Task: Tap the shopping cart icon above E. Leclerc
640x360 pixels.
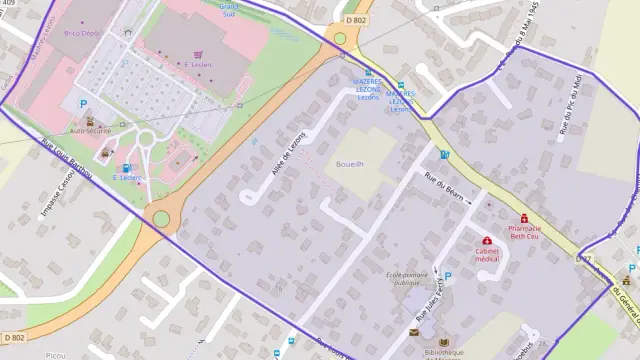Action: [198, 55]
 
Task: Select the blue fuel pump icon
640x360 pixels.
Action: [126, 167]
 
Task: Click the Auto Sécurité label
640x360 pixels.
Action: [92, 131]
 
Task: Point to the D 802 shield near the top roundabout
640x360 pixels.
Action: [356, 20]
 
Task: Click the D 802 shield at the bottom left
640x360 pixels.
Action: [13, 338]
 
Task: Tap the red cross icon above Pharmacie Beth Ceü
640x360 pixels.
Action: [524, 218]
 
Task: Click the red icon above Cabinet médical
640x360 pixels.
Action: [487, 240]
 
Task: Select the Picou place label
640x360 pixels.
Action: [55, 354]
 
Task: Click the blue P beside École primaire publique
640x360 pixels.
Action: [447, 277]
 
